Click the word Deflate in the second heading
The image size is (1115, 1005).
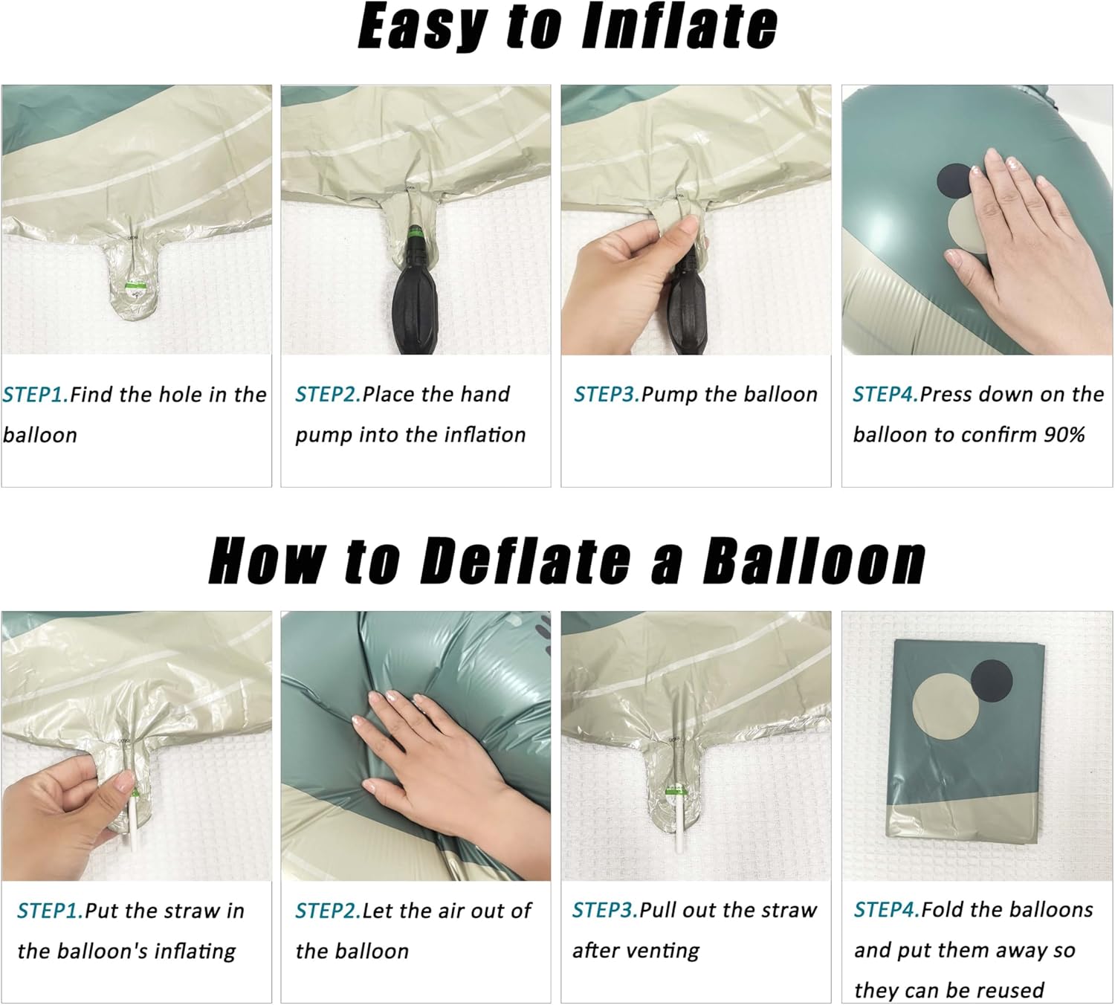[x=525, y=560]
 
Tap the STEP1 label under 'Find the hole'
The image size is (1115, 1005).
[x=36, y=395]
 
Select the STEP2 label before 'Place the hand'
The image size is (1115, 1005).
[x=328, y=394]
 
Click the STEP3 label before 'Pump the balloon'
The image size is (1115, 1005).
[x=607, y=394]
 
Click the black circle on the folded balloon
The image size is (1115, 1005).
[x=992, y=680]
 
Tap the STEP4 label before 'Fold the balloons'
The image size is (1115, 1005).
[x=887, y=910]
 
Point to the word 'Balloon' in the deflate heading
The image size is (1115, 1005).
[x=814, y=560]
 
